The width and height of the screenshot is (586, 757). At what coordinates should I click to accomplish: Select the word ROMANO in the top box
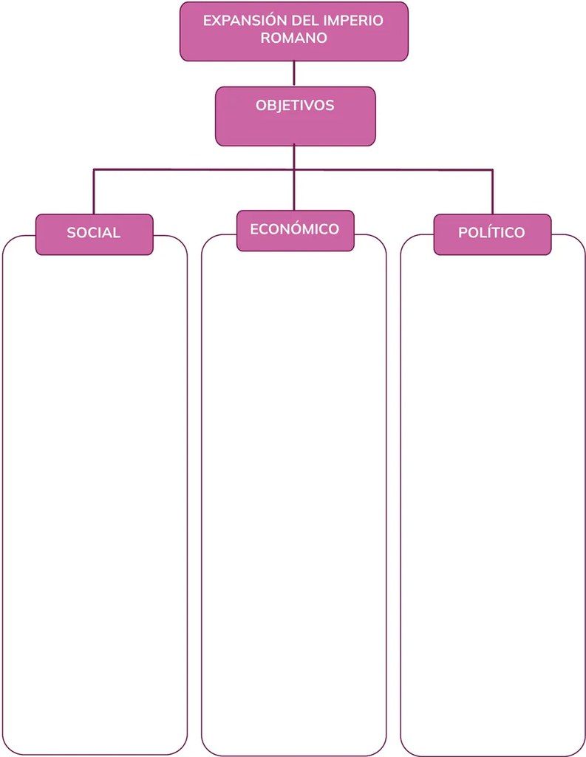(294, 38)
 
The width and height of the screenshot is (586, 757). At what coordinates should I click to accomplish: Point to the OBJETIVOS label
(295, 105)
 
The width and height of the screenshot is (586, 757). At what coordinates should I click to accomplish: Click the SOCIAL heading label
(94, 233)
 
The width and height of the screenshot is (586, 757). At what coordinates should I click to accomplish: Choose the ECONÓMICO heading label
(294, 229)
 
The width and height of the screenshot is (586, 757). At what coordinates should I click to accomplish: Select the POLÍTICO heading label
(491, 232)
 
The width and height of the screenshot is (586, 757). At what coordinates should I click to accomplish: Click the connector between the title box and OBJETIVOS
(294, 74)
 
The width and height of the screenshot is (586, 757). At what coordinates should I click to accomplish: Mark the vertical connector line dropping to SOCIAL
(94, 191)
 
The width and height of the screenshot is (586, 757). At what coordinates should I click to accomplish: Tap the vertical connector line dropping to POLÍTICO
(492, 191)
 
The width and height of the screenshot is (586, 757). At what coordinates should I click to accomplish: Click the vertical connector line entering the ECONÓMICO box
(294, 190)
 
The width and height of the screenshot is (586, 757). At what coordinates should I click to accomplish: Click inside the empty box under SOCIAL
(95, 502)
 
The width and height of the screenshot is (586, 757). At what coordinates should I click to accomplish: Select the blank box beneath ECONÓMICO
(294, 502)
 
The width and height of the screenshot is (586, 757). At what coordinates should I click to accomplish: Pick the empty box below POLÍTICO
(493, 502)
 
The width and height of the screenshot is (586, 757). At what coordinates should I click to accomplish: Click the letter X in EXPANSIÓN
(217, 21)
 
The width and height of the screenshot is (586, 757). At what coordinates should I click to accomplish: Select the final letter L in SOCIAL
(117, 233)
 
